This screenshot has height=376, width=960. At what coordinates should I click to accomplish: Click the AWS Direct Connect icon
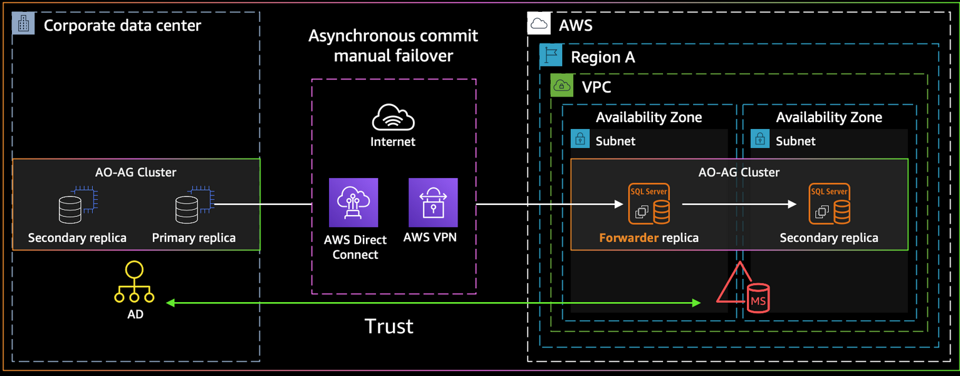click(354, 202)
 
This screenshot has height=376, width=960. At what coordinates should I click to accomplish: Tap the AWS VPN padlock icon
click(433, 202)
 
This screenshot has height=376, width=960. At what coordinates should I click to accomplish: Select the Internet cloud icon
click(393, 117)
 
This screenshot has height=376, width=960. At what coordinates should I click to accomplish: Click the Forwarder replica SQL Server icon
click(649, 204)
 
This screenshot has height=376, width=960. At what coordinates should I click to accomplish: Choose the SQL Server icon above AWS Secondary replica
click(829, 204)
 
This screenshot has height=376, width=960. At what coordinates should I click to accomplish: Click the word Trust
click(389, 326)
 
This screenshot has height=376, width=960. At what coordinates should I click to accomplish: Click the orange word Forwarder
click(627, 238)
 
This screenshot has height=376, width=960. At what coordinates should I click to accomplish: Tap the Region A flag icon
click(551, 56)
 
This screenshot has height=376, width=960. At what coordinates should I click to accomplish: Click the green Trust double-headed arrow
click(432, 303)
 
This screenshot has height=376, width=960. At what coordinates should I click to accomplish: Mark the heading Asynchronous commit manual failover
click(393, 46)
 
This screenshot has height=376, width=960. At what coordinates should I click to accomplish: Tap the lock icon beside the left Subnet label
click(580, 139)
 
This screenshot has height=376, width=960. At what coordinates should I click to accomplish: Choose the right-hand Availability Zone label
click(828, 118)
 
